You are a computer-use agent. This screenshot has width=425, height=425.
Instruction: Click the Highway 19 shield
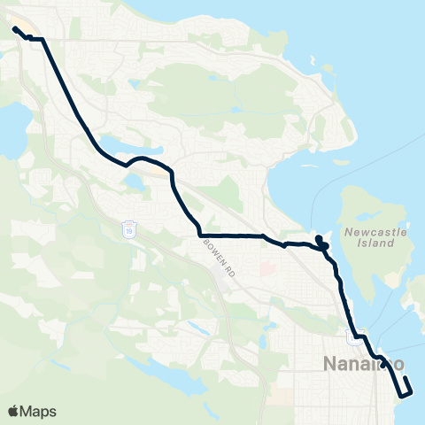tap(129, 228)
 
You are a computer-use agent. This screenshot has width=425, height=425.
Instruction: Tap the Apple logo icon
tap(14, 411)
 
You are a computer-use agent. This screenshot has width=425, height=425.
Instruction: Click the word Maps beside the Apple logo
tap(40, 411)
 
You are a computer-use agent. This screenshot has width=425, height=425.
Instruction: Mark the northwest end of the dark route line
tap(15, 29)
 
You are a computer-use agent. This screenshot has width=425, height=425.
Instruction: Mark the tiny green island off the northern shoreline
tap(313, 61)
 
